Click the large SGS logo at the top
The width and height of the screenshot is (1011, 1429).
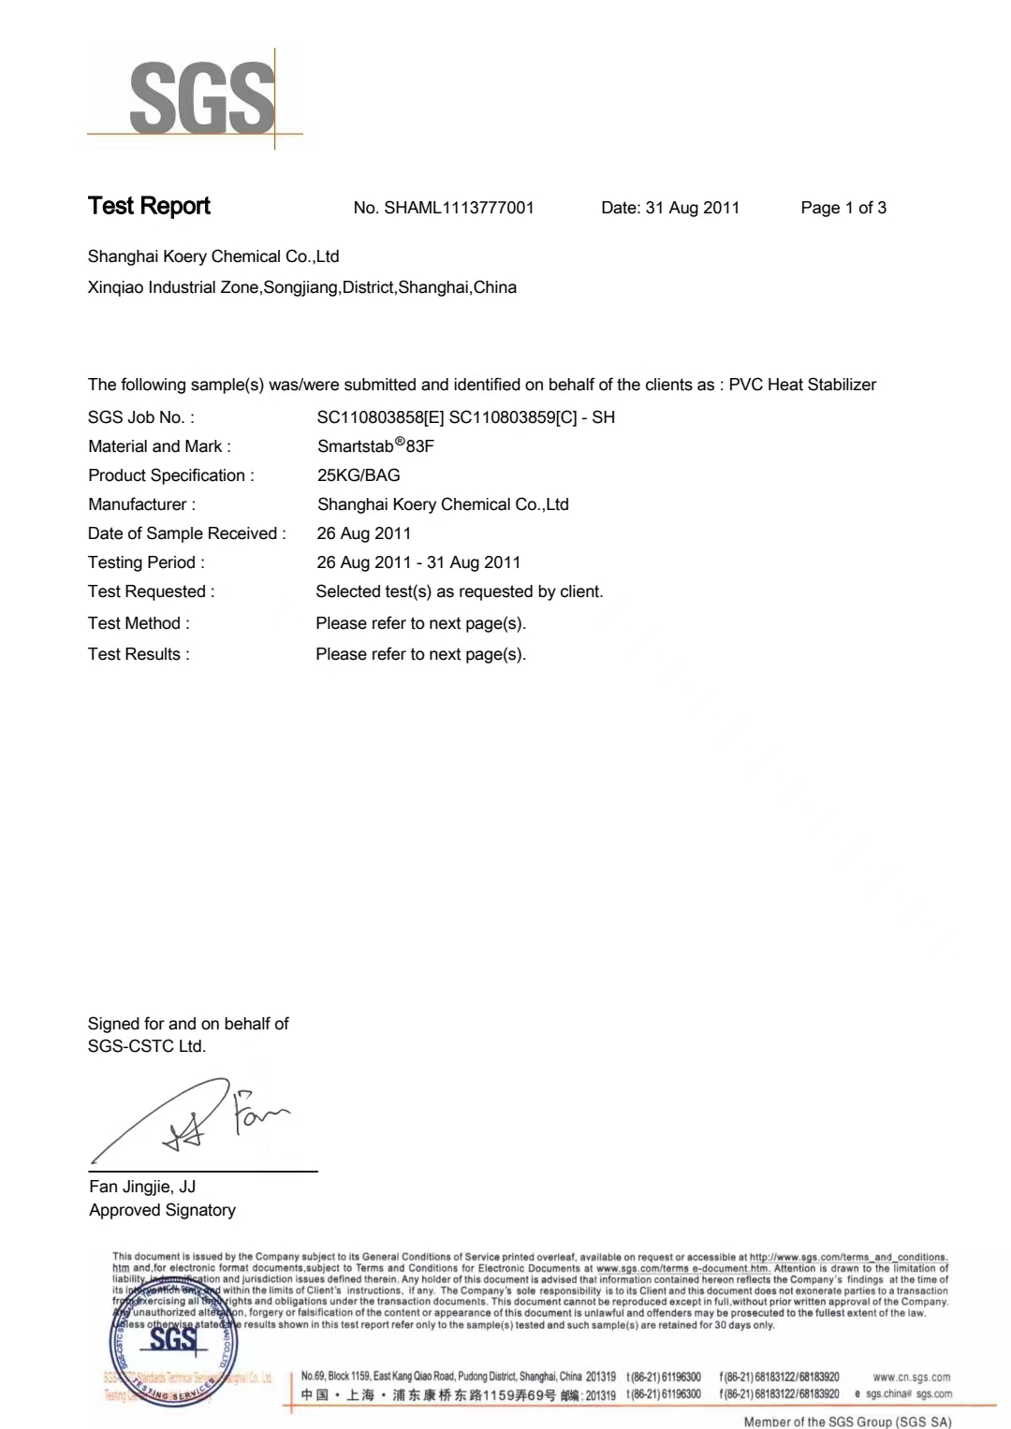click(201, 98)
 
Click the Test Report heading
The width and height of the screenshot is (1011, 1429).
click(149, 206)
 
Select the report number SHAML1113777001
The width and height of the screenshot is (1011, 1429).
click(459, 208)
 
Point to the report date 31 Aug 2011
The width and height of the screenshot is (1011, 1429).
click(693, 208)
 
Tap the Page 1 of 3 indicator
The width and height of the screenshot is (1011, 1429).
click(843, 208)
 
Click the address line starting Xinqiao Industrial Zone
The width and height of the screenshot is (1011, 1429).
click(301, 287)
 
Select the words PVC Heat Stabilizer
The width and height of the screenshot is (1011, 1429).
click(802, 385)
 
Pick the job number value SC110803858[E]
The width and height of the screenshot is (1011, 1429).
click(380, 417)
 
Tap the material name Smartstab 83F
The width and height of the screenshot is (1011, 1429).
click(375, 445)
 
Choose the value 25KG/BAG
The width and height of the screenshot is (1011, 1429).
click(359, 475)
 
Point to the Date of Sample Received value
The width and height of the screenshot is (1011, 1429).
click(364, 533)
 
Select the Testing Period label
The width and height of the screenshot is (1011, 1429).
click(146, 562)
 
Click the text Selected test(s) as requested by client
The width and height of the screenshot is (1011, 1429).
click(460, 591)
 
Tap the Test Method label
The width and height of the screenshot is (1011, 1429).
click(139, 623)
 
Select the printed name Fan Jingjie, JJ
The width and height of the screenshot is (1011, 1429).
click(142, 1187)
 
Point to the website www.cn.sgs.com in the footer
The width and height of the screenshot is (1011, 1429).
click(911, 1377)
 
